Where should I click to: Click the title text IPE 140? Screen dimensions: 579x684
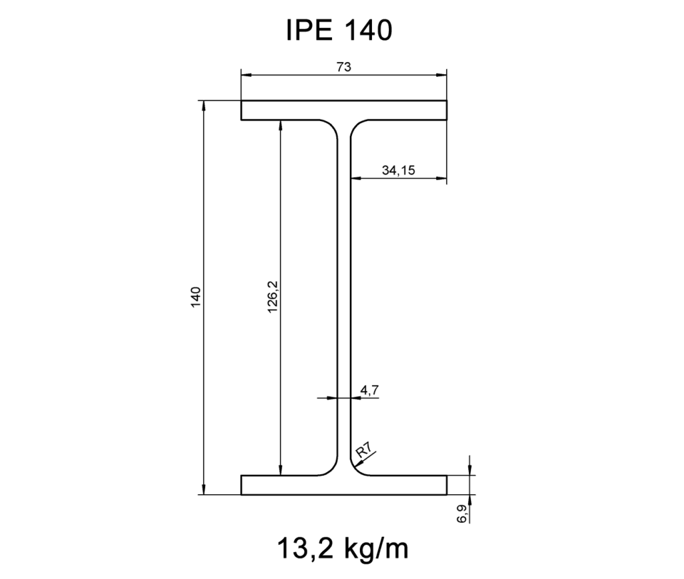(338, 30)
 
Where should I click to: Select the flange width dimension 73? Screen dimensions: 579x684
(344, 66)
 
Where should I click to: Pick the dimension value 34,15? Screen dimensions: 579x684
(399, 170)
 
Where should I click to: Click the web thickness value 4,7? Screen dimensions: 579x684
(369, 388)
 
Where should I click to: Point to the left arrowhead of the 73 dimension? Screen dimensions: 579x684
(246, 75)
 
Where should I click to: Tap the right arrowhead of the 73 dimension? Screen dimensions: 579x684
(442, 75)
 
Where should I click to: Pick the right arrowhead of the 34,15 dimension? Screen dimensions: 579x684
(442, 179)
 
